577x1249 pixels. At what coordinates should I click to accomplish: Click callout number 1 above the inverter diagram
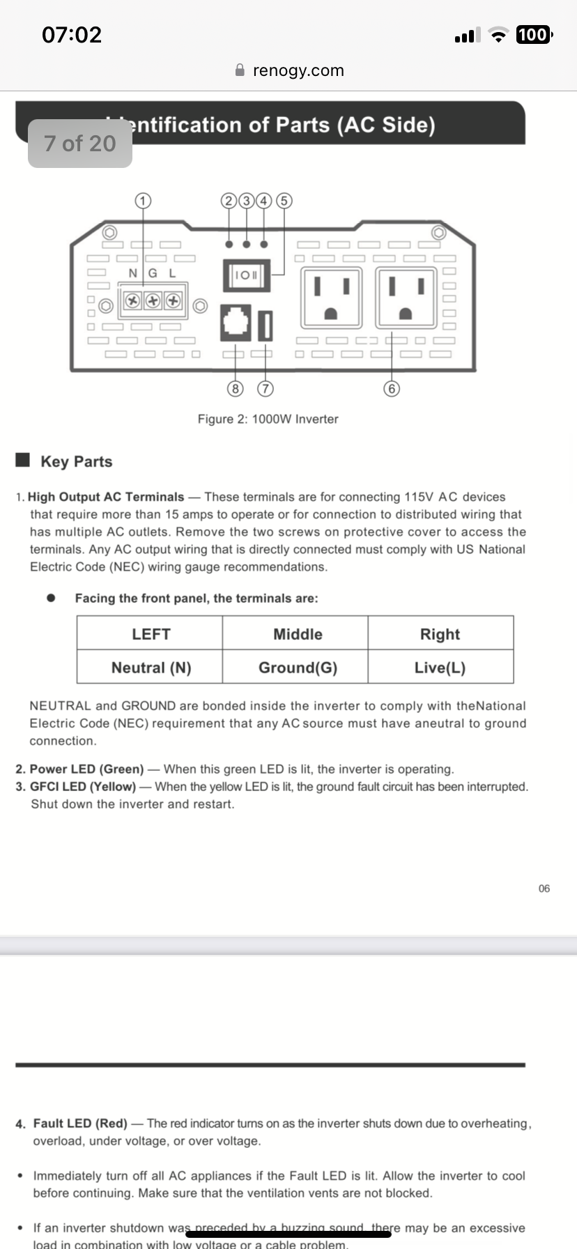[x=143, y=201]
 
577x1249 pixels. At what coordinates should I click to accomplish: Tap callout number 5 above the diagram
[x=284, y=201]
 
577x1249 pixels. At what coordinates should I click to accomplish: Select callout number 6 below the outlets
[x=392, y=388]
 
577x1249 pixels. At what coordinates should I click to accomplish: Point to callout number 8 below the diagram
[x=236, y=388]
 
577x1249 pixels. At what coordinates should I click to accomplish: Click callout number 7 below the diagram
[x=266, y=388]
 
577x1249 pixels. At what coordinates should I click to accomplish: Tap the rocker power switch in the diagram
[x=245, y=275]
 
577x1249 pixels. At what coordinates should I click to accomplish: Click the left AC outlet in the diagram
[x=331, y=298]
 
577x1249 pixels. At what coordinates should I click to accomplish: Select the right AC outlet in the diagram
[x=406, y=298]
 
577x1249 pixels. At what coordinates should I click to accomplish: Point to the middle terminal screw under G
[x=153, y=301]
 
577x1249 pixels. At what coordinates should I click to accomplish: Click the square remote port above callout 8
[x=236, y=323]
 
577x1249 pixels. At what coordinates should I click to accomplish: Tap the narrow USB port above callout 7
[x=266, y=325]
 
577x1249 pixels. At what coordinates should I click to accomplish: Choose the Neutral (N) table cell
[x=151, y=668]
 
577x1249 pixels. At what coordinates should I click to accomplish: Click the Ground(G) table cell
[x=298, y=668]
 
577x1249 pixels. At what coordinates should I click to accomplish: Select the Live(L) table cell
[x=440, y=668]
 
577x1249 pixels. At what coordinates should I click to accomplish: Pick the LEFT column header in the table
[x=151, y=634]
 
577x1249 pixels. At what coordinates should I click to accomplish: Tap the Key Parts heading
[x=76, y=461]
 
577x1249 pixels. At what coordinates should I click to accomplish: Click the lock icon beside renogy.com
[x=240, y=70]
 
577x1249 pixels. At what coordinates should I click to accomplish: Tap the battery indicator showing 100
[x=533, y=35]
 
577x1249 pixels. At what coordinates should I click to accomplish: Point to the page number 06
[x=544, y=888]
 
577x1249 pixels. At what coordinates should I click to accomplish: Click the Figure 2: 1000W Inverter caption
[x=268, y=419]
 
